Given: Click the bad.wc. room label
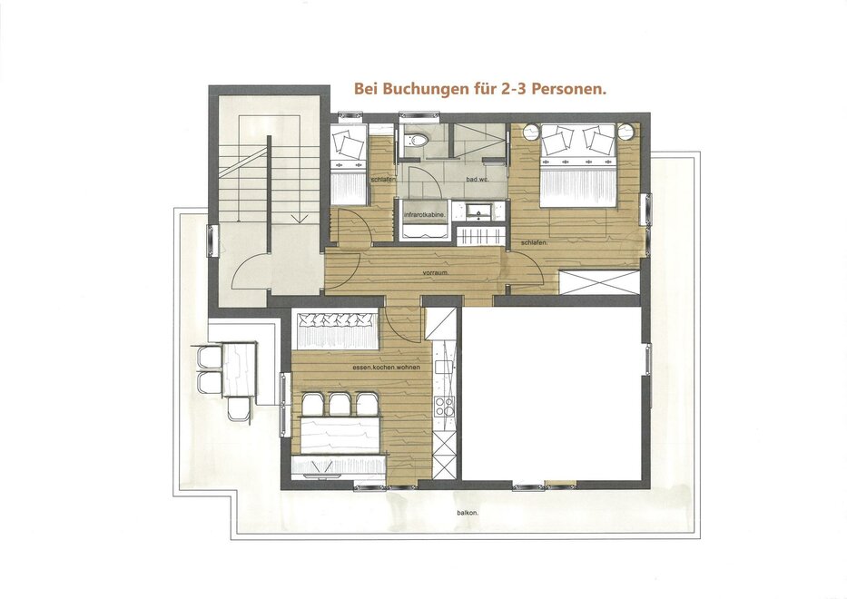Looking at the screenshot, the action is click(478, 179).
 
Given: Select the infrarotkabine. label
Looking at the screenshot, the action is click(426, 215).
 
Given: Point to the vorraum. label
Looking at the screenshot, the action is click(436, 273).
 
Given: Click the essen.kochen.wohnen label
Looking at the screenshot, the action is click(386, 368).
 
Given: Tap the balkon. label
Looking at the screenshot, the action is click(468, 513).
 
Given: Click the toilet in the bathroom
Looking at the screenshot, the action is click(417, 141).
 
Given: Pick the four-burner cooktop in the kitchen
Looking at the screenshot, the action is click(445, 407).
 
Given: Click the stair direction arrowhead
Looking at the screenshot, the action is click(300, 219).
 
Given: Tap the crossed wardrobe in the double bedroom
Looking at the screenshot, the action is click(599, 282).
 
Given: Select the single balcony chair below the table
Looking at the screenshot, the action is click(238, 408).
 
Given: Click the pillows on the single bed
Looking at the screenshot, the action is click(348, 144).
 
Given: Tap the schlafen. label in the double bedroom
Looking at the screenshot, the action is click(535, 243).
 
